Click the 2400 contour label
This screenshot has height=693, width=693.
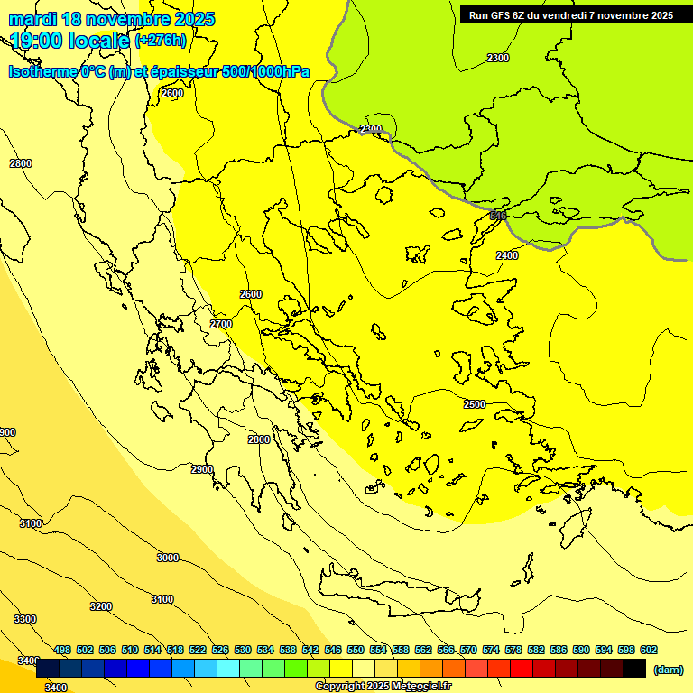pyautogui.click(x=507, y=255)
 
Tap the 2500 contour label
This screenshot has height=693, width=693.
pyautogui.click(x=475, y=404)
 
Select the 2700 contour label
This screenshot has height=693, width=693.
pyautogui.click(x=221, y=324)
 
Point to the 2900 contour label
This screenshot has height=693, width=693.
pyautogui.click(x=202, y=469)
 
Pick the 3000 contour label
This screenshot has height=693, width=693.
pyautogui.click(x=168, y=558)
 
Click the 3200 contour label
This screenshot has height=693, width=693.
pyautogui.click(x=101, y=606)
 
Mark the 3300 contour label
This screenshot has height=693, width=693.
pyautogui.click(x=25, y=619)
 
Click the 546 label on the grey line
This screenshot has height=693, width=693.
pyautogui.click(x=497, y=216)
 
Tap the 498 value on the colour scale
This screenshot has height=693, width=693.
pyautogui.click(x=62, y=650)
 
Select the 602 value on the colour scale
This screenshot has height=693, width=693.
pyautogui.click(x=649, y=650)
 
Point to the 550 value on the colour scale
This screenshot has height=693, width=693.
pyautogui.click(x=356, y=650)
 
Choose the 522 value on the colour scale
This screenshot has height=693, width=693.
pyautogui.click(x=198, y=650)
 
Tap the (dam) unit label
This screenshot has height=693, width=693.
pyautogui.click(x=669, y=670)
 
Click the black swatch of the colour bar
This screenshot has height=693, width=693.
pyautogui.click(x=634, y=669)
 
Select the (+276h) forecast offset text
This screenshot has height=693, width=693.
pyautogui.click(x=161, y=41)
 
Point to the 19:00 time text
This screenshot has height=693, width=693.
pyautogui.click(x=38, y=41)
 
